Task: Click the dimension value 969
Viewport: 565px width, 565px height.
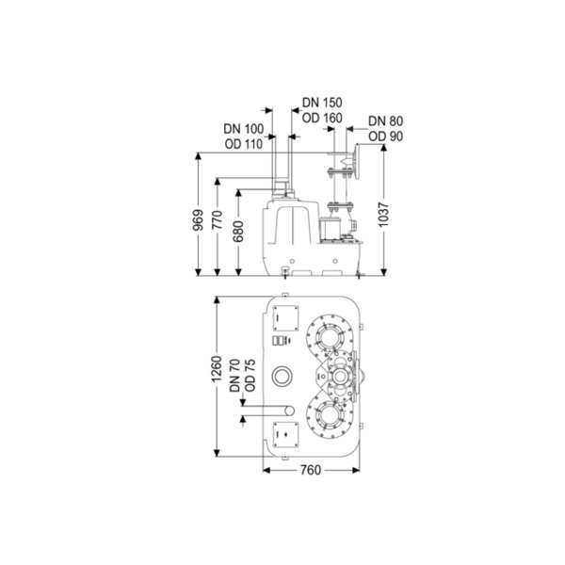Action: (x=198, y=220)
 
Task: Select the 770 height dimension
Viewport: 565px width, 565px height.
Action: (x=218, y=219)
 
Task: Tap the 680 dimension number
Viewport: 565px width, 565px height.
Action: (x=238, y=232)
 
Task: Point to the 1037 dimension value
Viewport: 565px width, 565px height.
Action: (x=384, y=215)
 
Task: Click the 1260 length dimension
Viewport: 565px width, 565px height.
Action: (x=217, y=369)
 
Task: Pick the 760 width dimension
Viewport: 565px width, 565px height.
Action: (x=310, y=470)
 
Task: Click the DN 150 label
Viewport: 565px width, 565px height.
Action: (x=322, y=103)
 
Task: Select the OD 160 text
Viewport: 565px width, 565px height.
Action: (x=322, y=118)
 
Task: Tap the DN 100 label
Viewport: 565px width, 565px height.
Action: (x=244, y=129)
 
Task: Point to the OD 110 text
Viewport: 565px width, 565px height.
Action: (x=244, y=144)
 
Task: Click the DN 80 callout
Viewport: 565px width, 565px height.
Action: (x=385, y=121)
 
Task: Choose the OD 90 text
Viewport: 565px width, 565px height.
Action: (x=385, y=137)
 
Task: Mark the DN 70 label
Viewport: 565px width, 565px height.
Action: (x=234, y=376)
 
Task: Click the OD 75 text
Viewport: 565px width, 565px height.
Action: (x=250, y=376)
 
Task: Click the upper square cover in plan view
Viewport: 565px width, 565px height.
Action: (x=285, y=318)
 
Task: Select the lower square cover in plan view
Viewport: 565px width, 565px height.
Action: (x=285, y=434)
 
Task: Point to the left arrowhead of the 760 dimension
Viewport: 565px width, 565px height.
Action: (x=266, y=470)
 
